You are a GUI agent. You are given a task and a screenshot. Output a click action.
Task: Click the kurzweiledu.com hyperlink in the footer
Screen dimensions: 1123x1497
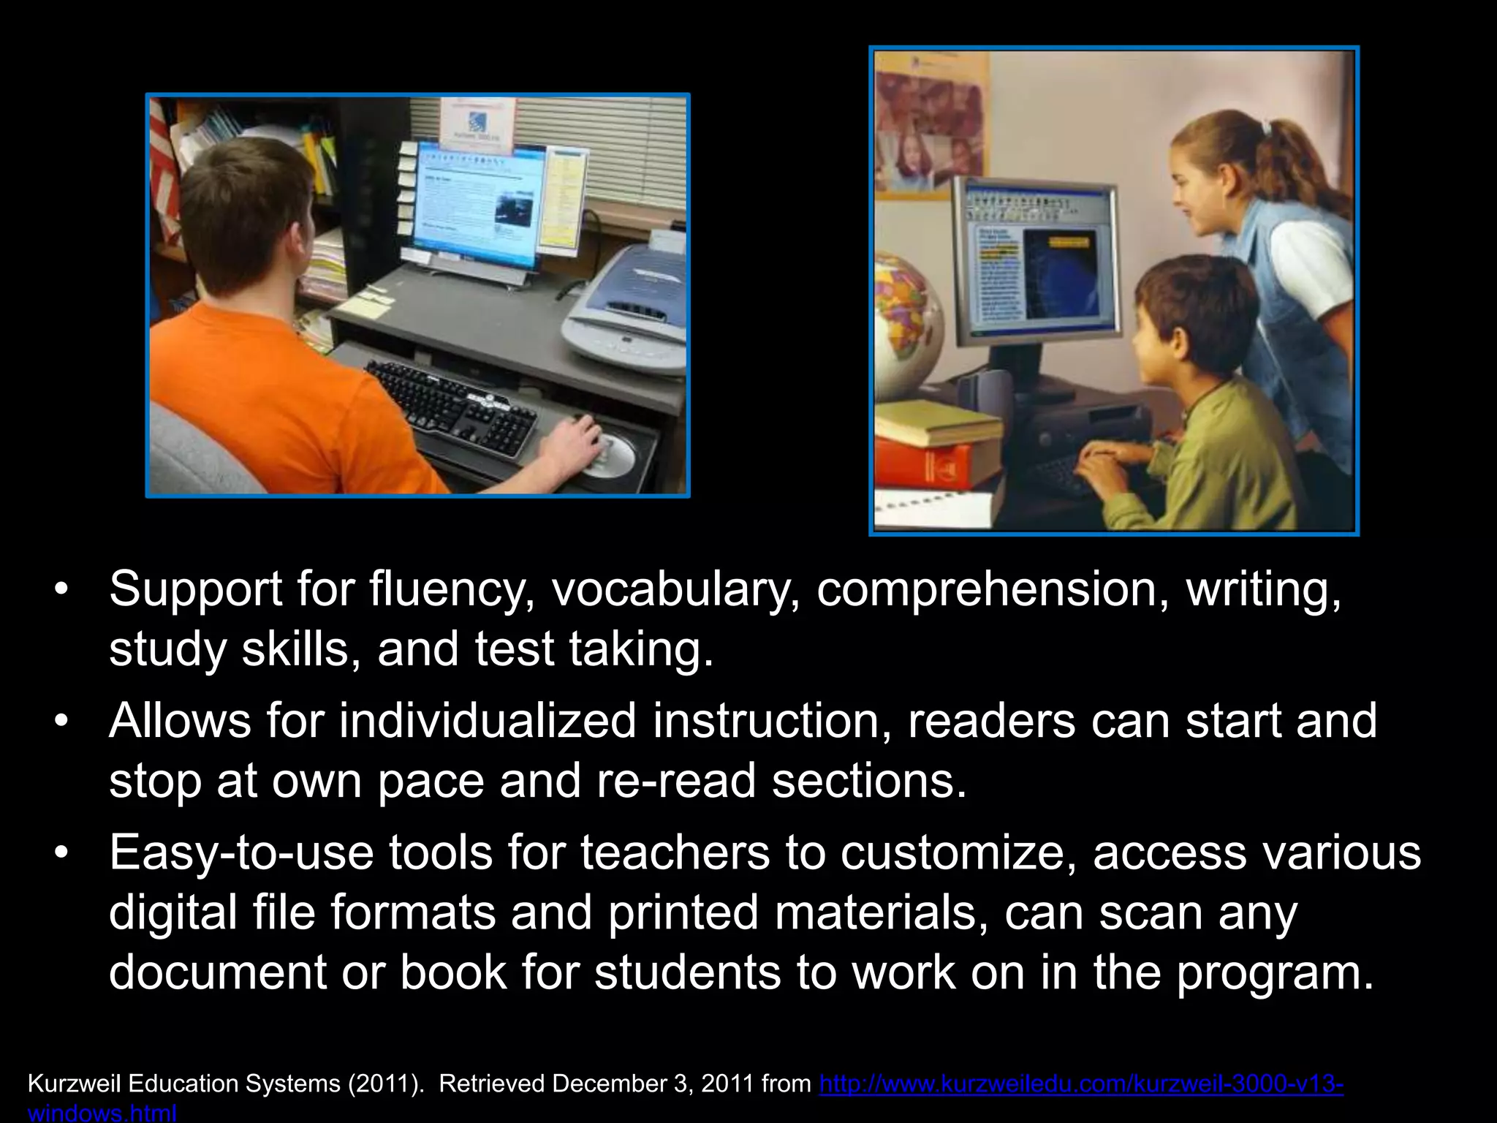pos(1081,1084)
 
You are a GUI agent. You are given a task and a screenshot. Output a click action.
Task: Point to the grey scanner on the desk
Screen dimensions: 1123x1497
pos(625,307)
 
